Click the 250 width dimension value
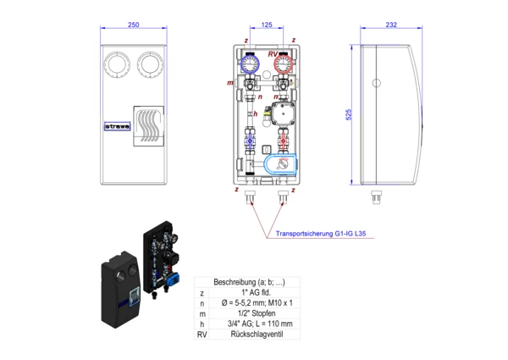point(133,25)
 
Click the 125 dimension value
point(267,25)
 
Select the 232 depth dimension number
point(390,25)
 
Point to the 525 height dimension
point(347,114)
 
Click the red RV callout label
point(273,54)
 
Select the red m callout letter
point(230,83)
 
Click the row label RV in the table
point(202,335)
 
